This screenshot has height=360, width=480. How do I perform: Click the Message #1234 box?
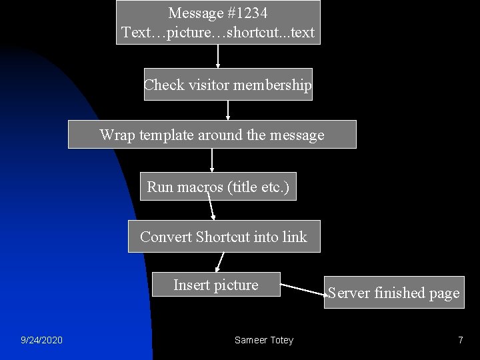pyautogui.click(x=218, y=22)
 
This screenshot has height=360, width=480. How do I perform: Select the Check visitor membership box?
pyautogui.click(x=228, y=85)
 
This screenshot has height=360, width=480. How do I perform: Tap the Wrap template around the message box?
pyautogui.click(x=212, y=135)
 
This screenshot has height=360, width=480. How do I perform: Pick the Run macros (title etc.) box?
pyautogui.click(x=218, y=187)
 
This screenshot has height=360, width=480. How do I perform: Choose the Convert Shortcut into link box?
pyautogui.click(x=224, y=237)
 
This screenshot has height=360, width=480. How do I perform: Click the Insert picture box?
pyautogui.click(x=216, y=285)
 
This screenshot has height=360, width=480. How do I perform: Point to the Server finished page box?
pyautogui.click(x=393, y=293)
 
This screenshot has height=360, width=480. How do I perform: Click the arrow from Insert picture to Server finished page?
pyautogui.click(x=303, y=289)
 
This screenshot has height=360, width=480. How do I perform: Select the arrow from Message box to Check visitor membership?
pyautogui.click(x=218, y=56)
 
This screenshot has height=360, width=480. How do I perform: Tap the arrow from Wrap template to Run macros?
pyautogui.click(x=212, y=160)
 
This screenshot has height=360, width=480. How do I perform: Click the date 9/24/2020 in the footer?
pyautogui.click(x=41, y=340)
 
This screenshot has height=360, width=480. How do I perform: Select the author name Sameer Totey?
pyautogui.click(x=264, y=340)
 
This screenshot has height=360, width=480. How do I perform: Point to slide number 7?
pyautogui.click(x=460, y=340)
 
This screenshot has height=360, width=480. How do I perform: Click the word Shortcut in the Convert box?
pyautogui.click(x=223, y=237)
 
